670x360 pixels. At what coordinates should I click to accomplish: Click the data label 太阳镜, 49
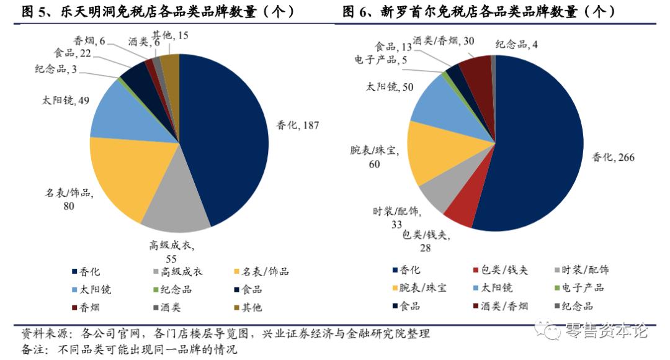(66, 99)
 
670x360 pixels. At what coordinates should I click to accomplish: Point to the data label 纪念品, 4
(520, 43)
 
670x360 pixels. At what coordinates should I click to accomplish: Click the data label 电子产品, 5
(380, 61)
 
